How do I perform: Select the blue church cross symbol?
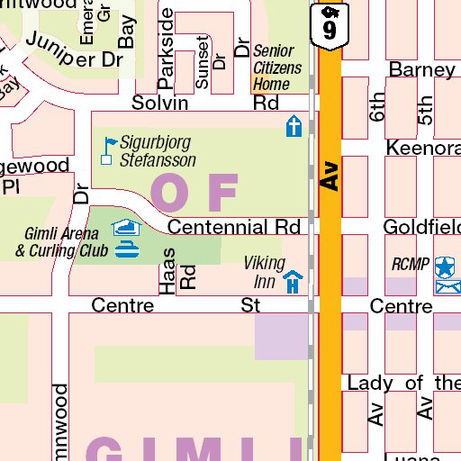(x=294, y=126)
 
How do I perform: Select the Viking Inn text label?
(x=265, y=272)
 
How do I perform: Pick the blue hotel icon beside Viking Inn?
(x=293, y=284)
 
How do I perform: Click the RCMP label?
(x=411, y=265)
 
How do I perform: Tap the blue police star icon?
(x=445, y=267)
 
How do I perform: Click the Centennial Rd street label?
(x=232, y=227)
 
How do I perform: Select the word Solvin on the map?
(x=160, y=103)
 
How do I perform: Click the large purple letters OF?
(x=194, y=190)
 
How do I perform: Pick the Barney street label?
(x=421, y=70)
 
